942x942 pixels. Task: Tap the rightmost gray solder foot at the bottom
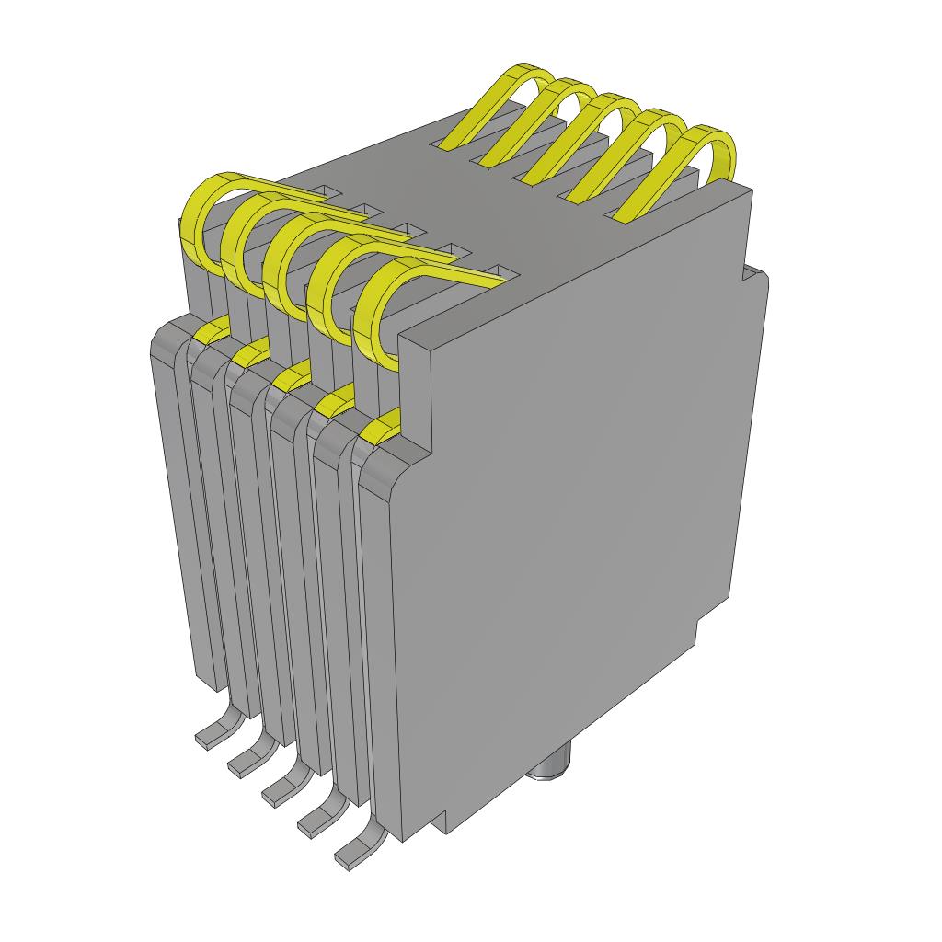pyautogui.click(x=355, y=854)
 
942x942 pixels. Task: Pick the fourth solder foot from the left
pyautogui.click(x=317, y=821)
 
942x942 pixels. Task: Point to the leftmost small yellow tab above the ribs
pyautogui.click(x=213, y=328)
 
